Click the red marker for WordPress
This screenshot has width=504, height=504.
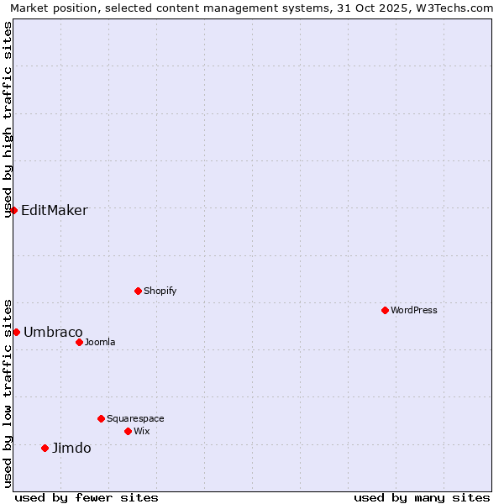[x=385, y=310]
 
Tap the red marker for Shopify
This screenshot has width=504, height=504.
[x=138, y=291]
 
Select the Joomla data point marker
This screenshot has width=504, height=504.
[x=79, y=342]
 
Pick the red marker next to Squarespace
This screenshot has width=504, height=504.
[x=101, y=418]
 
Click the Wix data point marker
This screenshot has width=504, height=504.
[x=128, y=431]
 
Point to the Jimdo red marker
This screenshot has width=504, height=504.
[x=45, y=448]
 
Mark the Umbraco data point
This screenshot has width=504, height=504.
[x=16, y=332]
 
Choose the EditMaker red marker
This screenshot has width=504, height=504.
[x=13, y=210]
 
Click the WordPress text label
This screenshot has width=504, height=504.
[x=414, y=310]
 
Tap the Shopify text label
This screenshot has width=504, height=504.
[x=160, y=291]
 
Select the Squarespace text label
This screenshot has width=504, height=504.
[x=135, y=418]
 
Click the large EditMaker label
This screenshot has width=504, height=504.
[x=54, y=210]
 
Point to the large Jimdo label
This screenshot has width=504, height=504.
[x=71, y=448]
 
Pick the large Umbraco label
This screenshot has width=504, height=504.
[x=53, y=332]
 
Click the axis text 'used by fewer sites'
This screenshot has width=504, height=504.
[x=87, y=497]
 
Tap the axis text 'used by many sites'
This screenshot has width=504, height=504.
[x=422, y=497]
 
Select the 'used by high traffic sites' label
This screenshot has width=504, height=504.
[x=8, y=119]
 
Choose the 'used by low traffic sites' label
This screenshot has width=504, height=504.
[x=8, y=392]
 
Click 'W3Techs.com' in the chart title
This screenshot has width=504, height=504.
[x=457, y=8]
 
